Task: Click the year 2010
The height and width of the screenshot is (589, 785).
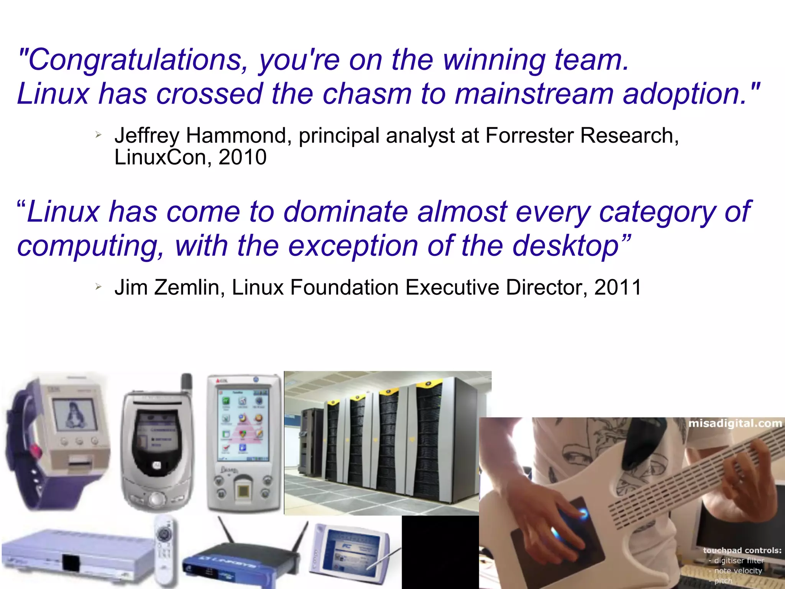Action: [242, 157]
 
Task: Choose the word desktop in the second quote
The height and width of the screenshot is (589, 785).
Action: [566, 246]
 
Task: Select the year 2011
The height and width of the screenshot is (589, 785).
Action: [617, 288]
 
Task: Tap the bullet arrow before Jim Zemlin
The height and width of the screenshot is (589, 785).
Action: [99, 286]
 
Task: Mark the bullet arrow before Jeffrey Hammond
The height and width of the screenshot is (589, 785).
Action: [99, 135]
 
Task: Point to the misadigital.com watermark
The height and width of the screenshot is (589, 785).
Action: [735, 424]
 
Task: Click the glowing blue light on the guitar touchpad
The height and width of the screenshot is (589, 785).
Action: [581, 514]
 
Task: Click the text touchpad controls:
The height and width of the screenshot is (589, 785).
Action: [742, 550]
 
